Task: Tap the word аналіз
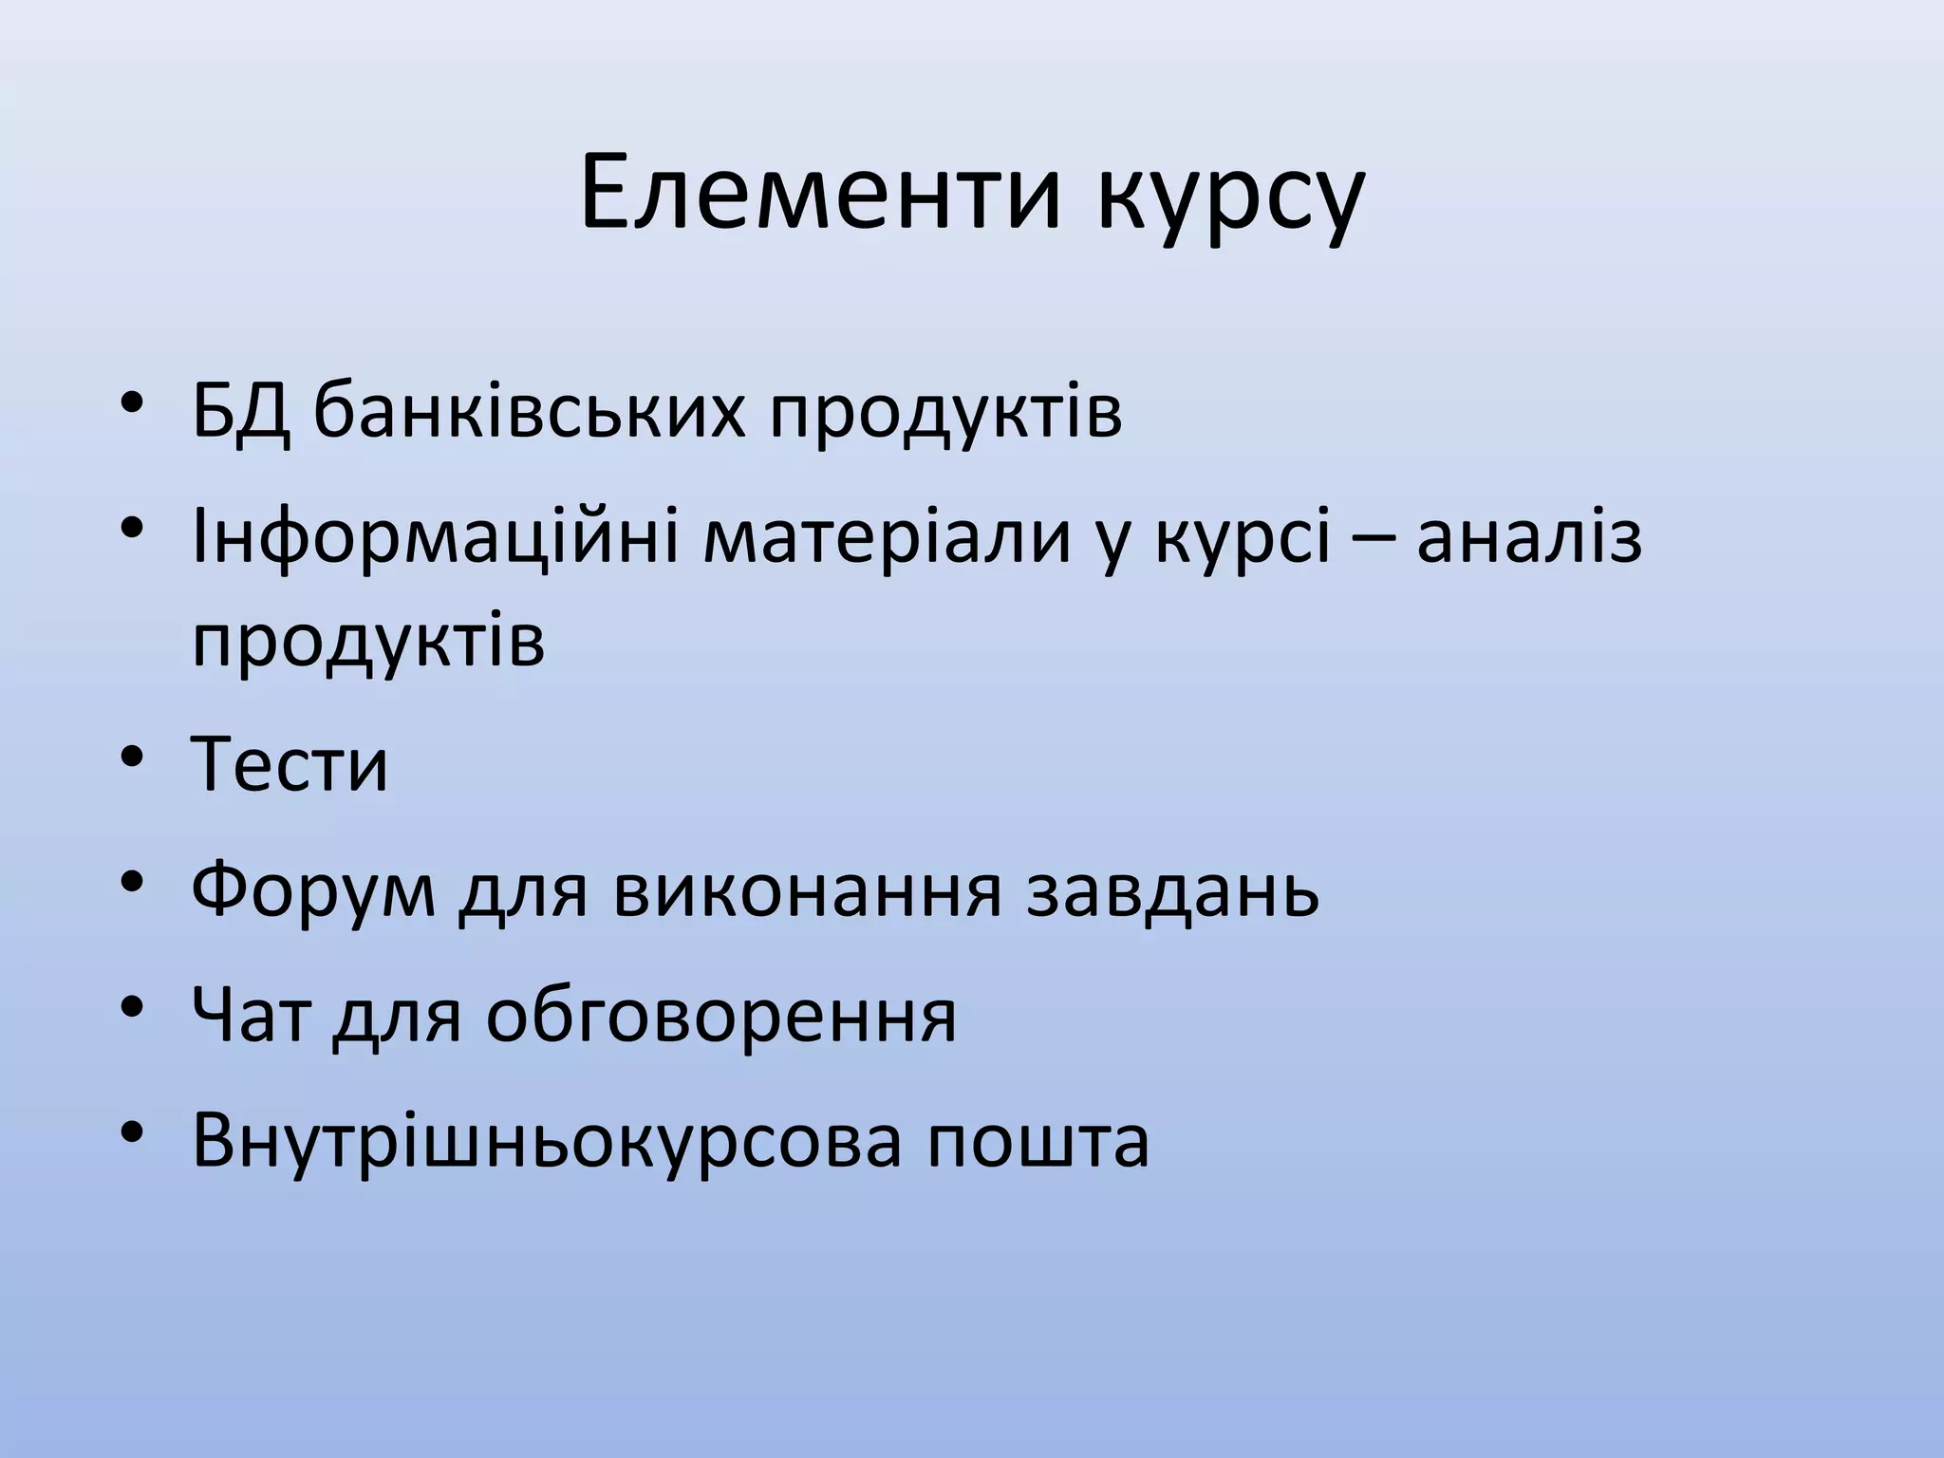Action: pyautogui.click(x=1529, y=537)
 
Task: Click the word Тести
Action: pyautogui.click(x=290, y=765)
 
